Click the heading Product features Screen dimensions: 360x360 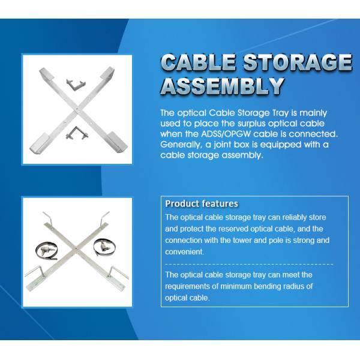click(x=201, y=204)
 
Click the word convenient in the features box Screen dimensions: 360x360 click(x=185, y=252)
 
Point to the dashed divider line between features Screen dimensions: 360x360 click(x=248, y=263)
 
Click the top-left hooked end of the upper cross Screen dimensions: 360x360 click(x=45, y=76)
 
